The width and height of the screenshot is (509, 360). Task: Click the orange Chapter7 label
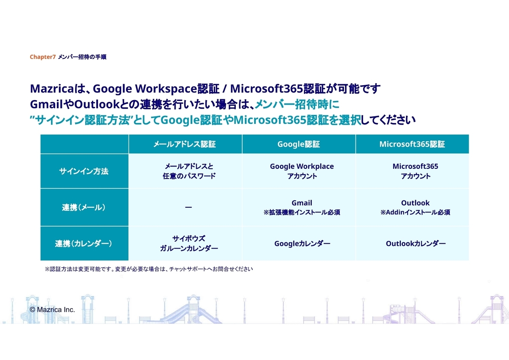pyautogui.click(x=43, y=57)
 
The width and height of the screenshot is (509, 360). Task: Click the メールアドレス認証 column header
pyautogui.click(x=185, y=144)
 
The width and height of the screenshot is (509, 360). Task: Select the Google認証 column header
pyautogui.click(x=299, y=144)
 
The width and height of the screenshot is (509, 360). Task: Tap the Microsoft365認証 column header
pyautogui.click(x=412, y=144)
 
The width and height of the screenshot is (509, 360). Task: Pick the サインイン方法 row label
pyautogui.click(x=84, y=171)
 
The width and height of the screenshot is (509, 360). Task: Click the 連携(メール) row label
pyautogui.click(x=84, y=207)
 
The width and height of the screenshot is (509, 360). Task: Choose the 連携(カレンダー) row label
pyautogui.click(x=84, y=243)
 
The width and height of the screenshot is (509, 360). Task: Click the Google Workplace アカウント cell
pyautogui.click(x=302, y=171)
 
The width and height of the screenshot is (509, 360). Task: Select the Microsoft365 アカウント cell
pyautogui.click(x=415, y=171)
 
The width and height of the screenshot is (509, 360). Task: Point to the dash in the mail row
pyautogui.click(x=188, y=207)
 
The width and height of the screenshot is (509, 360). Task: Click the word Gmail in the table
pyautogui.click(x=302, y=203)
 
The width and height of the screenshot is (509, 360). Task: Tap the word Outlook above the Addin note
pyautogui.click(x=415, y=203)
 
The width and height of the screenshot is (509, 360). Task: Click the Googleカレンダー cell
pyautogui.click(x=302, y=243)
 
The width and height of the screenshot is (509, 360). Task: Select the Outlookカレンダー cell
pyautogui.click(x=416, y=243)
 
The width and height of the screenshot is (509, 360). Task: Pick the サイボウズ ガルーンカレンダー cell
pyautogui.click(x=189, y=243)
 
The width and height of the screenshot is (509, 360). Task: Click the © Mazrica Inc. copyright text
pyautogui.click(x=52, y=310)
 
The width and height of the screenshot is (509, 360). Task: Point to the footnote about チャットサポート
pyautogui.click(x=149, y=269)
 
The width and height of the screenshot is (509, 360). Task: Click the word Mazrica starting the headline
pyautogui.click(x=52, y=88)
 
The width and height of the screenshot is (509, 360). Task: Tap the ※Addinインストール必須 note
pyautogui.click(x=415, y=212)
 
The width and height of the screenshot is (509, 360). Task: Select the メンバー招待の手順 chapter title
pyautogui.click(x=82, y=57)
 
